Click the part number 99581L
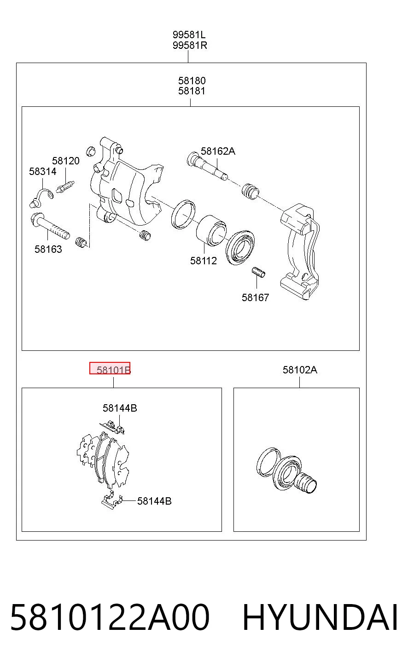tap(189, 35)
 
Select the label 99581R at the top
tap(190, 46)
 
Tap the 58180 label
tap(192, 81)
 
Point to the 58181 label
tap(192, 91)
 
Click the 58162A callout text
tap(218, 151)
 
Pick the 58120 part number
tap(66, 161)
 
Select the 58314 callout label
tap(43, 171)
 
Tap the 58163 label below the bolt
tap(48, 249)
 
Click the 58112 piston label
tap(204, 261)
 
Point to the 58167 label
tap(256, 297)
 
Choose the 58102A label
tap(300, 370)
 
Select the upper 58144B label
tap(120, 408)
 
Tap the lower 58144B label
tap(154, 501)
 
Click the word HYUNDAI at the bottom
tap(320, 617)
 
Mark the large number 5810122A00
tap(110, 617)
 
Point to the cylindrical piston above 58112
tap(211, 230)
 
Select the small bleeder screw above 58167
tap(258, 272)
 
